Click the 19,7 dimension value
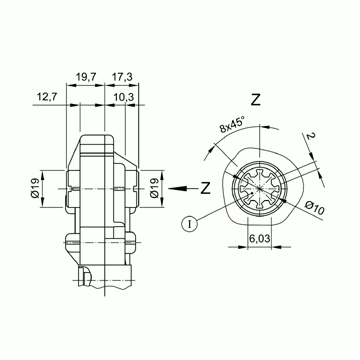(x=86, y=77)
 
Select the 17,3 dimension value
(x=122, y=77)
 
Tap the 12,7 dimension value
(x=47, y=97)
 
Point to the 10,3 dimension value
(x=124, y=97)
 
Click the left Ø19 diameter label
(x=35, y=188)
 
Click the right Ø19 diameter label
(x=154, y=188)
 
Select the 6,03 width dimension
(x=260, y=239)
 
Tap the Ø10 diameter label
(x=314, y=209)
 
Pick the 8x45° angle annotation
(x=232, y=125)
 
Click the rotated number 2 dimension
(x=311, y=136)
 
